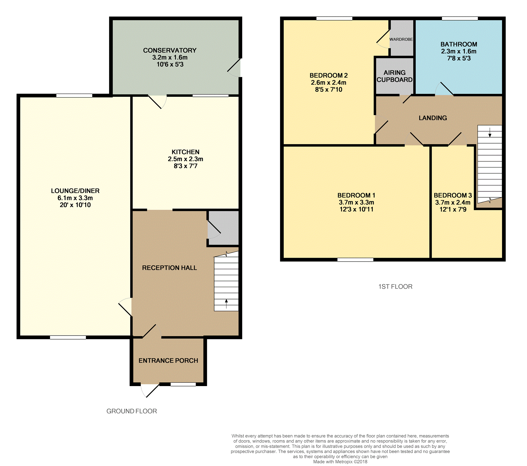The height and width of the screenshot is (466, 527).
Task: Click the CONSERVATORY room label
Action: pyautogui.click(x=170, y=50)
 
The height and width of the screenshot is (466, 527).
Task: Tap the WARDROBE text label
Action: pyautogui.click(x=401, y=39)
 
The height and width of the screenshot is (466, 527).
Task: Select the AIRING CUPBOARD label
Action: pyautogui.click(x=395, y=76)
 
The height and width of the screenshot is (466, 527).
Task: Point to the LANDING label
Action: pyautogui.click(x=433, y=118)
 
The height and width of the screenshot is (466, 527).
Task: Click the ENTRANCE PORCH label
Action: pyautogui.click(x=168, y=361)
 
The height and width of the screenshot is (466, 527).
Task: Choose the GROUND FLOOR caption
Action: pyautogui.click(x=132, y=411)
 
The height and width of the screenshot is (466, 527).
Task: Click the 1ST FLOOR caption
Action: pyautogui.click(x=395, y=287)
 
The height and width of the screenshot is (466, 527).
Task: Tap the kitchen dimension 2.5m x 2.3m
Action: pyautogui.click(x=186, y=159)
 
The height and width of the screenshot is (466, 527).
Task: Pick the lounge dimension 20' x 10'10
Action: pyautogui.click(x=75, y=205)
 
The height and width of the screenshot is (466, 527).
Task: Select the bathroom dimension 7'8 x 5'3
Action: pyautogui.click(x=459, y=58)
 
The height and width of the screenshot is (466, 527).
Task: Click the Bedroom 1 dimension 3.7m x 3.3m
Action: pyautogui.click(x=357, y=202)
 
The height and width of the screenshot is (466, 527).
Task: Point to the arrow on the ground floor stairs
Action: pyautogui.click(x=226, y=304)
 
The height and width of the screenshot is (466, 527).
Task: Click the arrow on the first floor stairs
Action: pyautogui.click(x=490, y=132)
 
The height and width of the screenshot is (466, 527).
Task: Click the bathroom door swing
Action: pyautogui.click(x=444, y=89)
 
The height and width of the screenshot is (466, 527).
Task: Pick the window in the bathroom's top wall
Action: pyautogui.click(x=460, y=18)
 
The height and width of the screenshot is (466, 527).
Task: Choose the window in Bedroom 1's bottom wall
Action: pyautogui.click(x=355, y=260)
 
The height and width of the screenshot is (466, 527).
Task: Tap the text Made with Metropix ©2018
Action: pyautogui.click(x=340, y=462)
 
